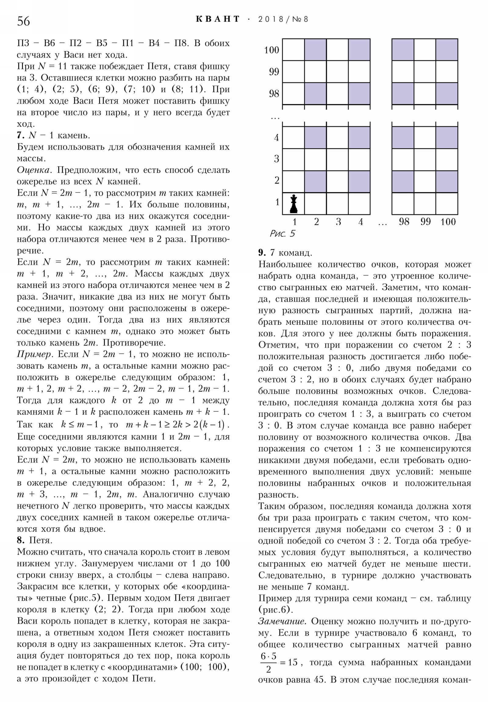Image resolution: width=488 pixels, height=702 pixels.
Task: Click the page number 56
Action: pyautogui.click(x=23, y=21)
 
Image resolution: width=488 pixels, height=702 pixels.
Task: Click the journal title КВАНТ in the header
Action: pyautogui.click(x=217, y=19)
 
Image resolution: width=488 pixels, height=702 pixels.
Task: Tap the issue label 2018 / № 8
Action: pyautogui.click(x=283, y=19)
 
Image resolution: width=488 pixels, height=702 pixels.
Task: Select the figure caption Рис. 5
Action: pyautogui.click(x=282, y=233)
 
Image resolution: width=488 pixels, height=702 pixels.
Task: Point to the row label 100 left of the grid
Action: pyautogui.click(x=271, y=50)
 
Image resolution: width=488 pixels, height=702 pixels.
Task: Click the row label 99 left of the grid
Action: pyautogui.click(x=274, y=72)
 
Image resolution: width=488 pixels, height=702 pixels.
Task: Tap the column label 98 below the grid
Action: pyautogui.click(x=404, y=222)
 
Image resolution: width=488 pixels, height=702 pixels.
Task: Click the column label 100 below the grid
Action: pyautogui.click(x=448, y=222)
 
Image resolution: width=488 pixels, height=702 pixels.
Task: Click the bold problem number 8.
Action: pyautogui.click(x=20, y=540)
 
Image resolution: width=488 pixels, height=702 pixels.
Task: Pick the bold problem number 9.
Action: pyautogui.click(x=262, y=252)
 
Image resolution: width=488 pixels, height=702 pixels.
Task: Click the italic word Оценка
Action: pyautogui.click(x=33, y=170)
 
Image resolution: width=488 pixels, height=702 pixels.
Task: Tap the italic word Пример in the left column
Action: pyautogui.click(x=33, y=354)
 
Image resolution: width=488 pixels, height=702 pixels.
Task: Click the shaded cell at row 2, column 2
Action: pyautogui.click(x=315, y=182)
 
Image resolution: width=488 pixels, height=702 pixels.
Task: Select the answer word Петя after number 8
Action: pyautogui.click(x=41, y=540)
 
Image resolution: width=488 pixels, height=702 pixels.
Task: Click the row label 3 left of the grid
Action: pyautogui.click(x=276, y=159)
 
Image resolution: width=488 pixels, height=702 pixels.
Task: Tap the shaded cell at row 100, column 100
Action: pyautogui.click(x=447, y=50)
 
